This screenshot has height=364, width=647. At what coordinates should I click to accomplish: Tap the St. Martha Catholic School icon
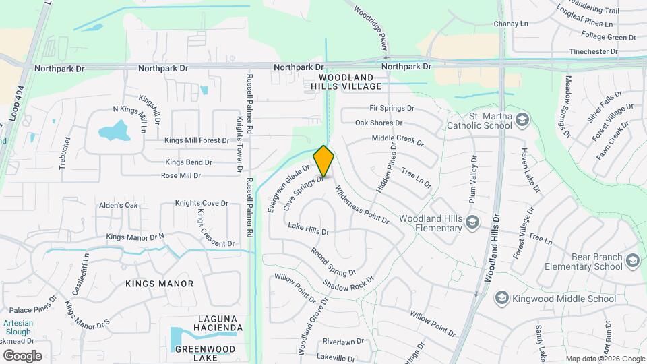[524, 120]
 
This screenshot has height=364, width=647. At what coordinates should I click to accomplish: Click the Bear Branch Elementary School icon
[632, 261]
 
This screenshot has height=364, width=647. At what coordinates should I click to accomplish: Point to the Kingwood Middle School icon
[501, 298]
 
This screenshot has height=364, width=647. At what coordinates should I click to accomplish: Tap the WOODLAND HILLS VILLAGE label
[346, 82]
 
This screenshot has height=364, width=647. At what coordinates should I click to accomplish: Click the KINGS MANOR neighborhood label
[159, 284]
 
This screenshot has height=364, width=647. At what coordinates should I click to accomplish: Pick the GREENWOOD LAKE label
[205, 354]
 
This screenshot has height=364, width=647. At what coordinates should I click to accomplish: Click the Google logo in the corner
[22, 356]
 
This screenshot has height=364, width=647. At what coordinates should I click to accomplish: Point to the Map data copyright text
[605, 359]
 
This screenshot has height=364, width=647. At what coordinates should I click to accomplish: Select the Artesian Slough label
[18, 327]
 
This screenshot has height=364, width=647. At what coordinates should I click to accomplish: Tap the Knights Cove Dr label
[202, 203]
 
